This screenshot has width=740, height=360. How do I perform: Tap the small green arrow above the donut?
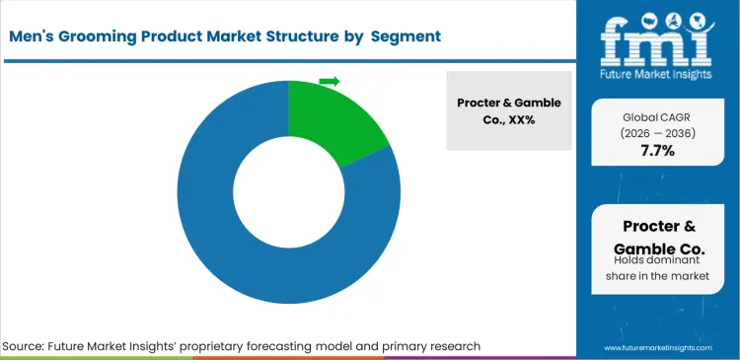click(x=330, y=81)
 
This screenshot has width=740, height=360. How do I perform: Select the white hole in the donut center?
click(x=288, y=193)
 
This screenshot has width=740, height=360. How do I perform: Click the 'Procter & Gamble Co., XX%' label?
click(x=509, y=110)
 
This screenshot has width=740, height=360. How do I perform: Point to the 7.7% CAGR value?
click(x=656, y=151)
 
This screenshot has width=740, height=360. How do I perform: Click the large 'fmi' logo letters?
click(x=657, y=38)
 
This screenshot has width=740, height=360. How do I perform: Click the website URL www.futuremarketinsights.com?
click(x=656, y=348)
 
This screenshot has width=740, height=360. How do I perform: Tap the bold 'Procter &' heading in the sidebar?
click(x=656, y=225)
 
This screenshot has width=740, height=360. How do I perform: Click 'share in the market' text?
click(x=656, y=277)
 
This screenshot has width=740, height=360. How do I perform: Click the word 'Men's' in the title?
click(x=35, y=36)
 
